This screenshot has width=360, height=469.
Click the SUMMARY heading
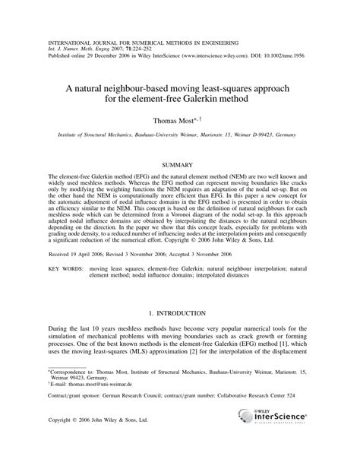(x=180, y=165)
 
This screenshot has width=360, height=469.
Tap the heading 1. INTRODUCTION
(x=180, y=312)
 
